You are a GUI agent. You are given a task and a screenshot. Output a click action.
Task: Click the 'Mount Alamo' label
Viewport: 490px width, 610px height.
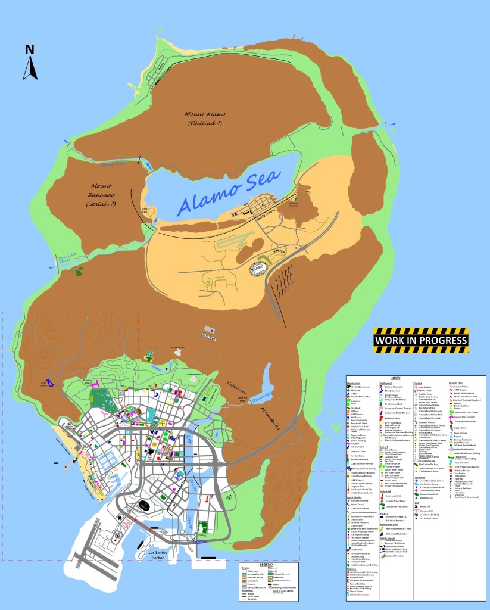pos(205,114)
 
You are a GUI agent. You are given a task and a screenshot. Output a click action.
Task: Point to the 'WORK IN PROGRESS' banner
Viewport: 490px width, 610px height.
pos(420,340)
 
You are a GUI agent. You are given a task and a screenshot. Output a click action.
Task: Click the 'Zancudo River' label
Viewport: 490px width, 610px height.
pos(67,260)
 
